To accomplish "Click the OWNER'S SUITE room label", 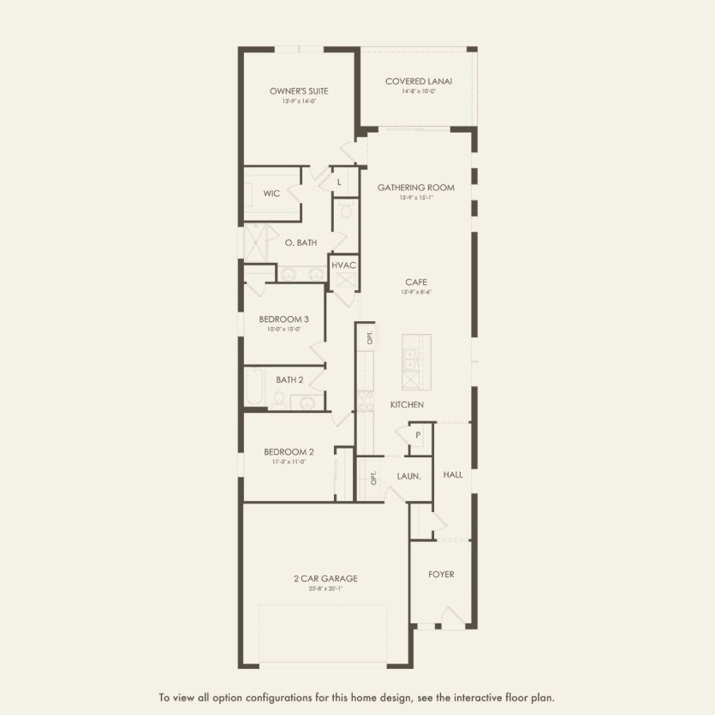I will click(299, 91).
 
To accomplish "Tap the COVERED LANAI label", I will click(418, 81).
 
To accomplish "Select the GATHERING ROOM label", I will click(416, 188).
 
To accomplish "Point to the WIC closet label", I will click(271, 194).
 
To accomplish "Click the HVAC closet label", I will click(343, 265).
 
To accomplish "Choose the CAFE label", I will click(416, 282).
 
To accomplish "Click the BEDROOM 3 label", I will click(283, 319).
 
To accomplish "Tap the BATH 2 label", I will click(289, 379).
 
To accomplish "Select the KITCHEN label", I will click(407, 404).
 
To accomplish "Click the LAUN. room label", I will click(408, 475).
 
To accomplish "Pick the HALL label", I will click(453, 474).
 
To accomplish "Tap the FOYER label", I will click(441, 574).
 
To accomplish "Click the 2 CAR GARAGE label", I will click(325, 578).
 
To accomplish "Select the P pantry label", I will click(418, 435).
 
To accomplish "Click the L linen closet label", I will click(339, 182).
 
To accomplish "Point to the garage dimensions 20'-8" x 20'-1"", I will click(325, 588).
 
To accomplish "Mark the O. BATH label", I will click(301, 243).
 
